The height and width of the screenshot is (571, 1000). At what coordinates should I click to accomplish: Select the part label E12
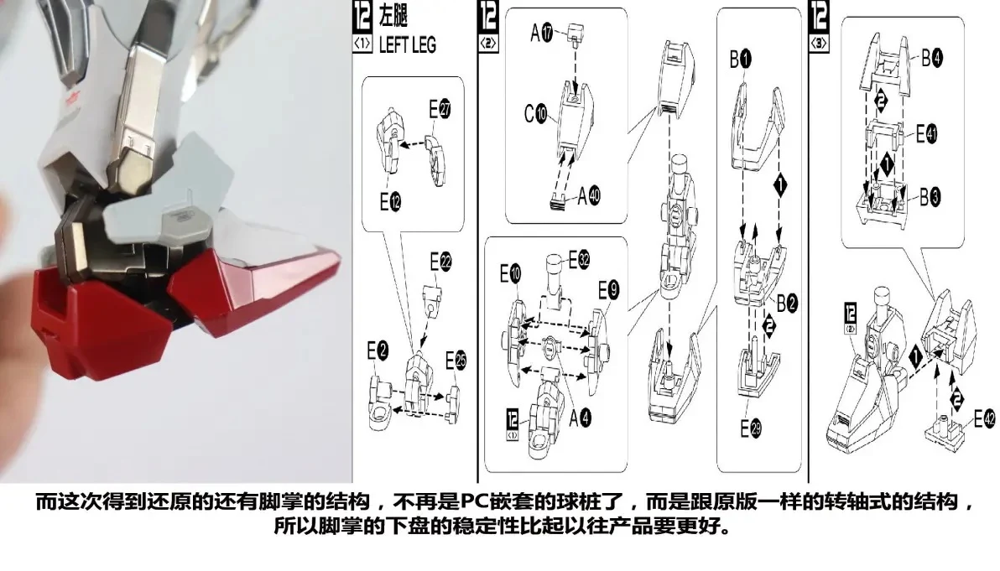pyautogui.click(x=390, y=202)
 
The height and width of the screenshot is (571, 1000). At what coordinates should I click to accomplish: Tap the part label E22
pyautogui.click(x=440, y=262)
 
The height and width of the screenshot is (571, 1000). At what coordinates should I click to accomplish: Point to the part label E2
pyautogui.click(x=378, y=350)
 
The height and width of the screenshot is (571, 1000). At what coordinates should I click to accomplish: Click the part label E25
pyautogui.click(x=456, y=361)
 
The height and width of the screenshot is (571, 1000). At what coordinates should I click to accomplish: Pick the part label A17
pyautogui.click(x=541, y=33)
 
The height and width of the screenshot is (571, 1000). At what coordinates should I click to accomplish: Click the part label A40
pyautogui.click(x=589, y=195)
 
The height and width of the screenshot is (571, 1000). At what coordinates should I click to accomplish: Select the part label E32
pyautogui.click(x=579, y=259)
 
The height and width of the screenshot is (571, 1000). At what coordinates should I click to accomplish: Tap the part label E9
pyautogui.click(x=608, y=291)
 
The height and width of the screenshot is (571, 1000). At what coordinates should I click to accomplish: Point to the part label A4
pyautogui.click(x=580, y=418)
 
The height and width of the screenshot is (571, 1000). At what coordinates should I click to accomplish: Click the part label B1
pyautogui.click(x=741, y=60)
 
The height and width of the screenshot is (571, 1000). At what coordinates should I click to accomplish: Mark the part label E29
pyautogui.click(x=751, y=428)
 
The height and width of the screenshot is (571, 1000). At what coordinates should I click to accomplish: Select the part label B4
pyautogui.click(x=932, y=58)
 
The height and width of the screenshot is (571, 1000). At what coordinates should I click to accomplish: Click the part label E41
pyautogui.click(x=927, y=134)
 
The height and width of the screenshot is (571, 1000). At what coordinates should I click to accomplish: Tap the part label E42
pyautogui.click(x=984, y=418)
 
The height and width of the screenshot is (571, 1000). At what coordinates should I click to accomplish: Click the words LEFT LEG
pyautogui.click(x=408, y=45)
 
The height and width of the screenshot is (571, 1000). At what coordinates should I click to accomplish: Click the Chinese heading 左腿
pyautogui.click(x=393, y=16)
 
